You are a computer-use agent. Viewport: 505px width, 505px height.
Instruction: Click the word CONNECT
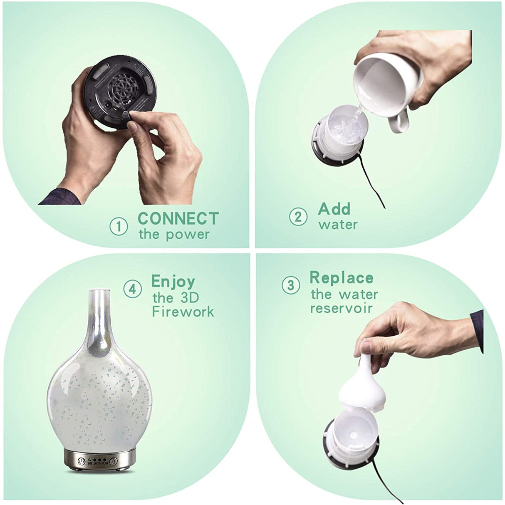[178, 218]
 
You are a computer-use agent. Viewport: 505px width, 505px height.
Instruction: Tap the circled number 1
[119, 227]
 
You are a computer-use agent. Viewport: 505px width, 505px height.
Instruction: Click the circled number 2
[298, 217]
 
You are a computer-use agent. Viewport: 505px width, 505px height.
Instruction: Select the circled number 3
[291, 285]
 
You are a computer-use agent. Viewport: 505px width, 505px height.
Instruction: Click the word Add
[334, 208]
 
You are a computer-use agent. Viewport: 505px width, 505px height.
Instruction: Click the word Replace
[341, 277]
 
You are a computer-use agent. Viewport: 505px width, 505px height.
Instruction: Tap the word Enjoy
[173, 282]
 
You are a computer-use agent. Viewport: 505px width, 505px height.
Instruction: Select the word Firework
[183, 312]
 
